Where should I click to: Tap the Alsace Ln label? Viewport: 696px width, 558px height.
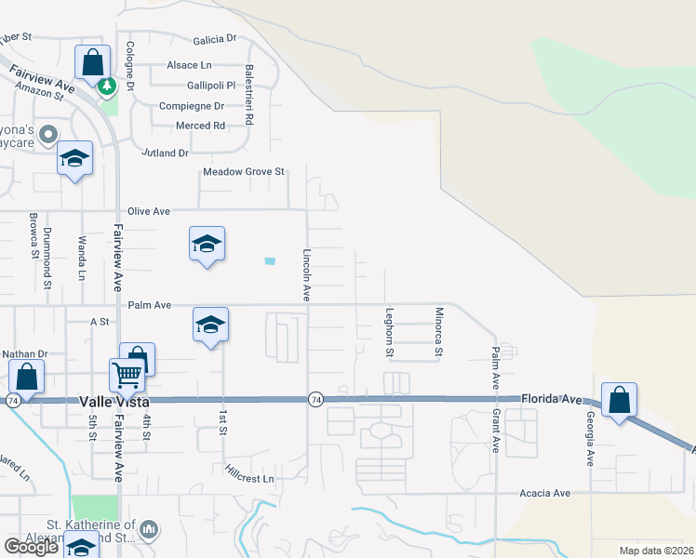pos(189,65)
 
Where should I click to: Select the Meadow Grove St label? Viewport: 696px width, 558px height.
pos(243,172)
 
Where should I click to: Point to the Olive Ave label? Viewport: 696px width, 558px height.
pos(149,212)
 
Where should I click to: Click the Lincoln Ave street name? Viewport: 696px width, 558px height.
pos(306,274)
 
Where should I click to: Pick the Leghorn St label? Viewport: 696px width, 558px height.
pos(390,333)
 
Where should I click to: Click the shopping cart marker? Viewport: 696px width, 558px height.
pos(127,375)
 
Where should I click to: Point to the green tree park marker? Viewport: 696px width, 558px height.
pos(107,86)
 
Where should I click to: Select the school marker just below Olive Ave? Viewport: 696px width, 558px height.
pos(207,244)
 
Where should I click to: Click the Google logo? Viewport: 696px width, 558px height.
pos(31,547)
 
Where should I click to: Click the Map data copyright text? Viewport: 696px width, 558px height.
pos(655,551)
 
